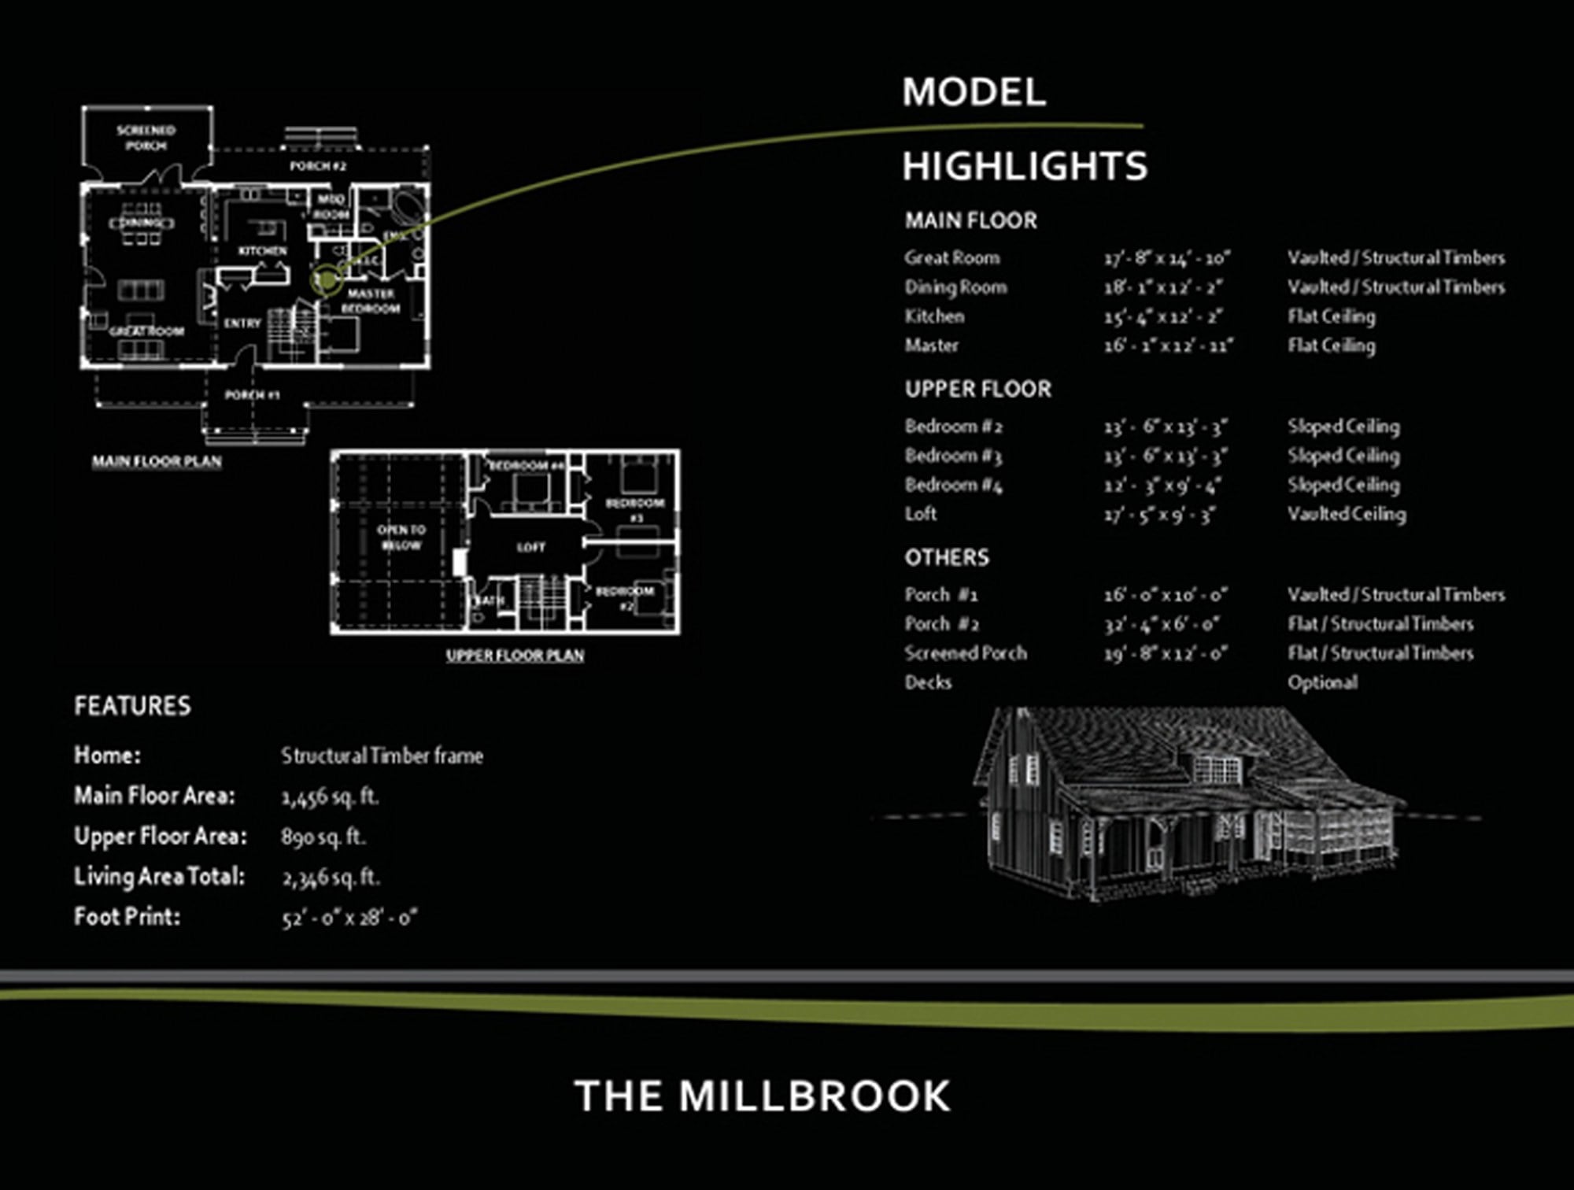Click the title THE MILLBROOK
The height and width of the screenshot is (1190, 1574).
tap(762, 1096)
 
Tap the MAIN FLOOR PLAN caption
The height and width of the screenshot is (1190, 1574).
tap(157, 461)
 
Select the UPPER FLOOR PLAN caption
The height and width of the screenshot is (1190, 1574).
tap(515, 655)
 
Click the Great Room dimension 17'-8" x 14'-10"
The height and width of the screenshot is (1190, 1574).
tap(1166, 258)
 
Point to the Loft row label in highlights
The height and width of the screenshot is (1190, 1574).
tap(920, 514)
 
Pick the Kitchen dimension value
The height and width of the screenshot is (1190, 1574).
tap(1162, 316)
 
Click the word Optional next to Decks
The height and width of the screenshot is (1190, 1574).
tap(1322, 682)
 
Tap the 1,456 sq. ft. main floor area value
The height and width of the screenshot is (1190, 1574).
tap(330, 796)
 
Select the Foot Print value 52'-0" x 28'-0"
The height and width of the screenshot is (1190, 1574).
tap(349, 918)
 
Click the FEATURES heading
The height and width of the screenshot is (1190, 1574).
tap(132, 706)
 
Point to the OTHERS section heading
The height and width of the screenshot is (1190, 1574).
tap(946, 558)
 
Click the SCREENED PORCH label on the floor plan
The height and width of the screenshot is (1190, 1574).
tap(146, 138)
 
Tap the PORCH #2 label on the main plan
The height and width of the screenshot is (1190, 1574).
tap(317, 166)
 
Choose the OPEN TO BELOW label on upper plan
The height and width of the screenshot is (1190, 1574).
tap(401, 538)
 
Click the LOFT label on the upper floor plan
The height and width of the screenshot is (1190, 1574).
tap(530, 547)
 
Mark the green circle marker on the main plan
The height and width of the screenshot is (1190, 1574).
tap(326, 279)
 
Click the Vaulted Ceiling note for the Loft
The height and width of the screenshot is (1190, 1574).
tap(1346, 514)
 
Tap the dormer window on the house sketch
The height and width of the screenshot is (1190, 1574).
tap(1217, 768)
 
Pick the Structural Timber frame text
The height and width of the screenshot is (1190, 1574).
tap(382, 756)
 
